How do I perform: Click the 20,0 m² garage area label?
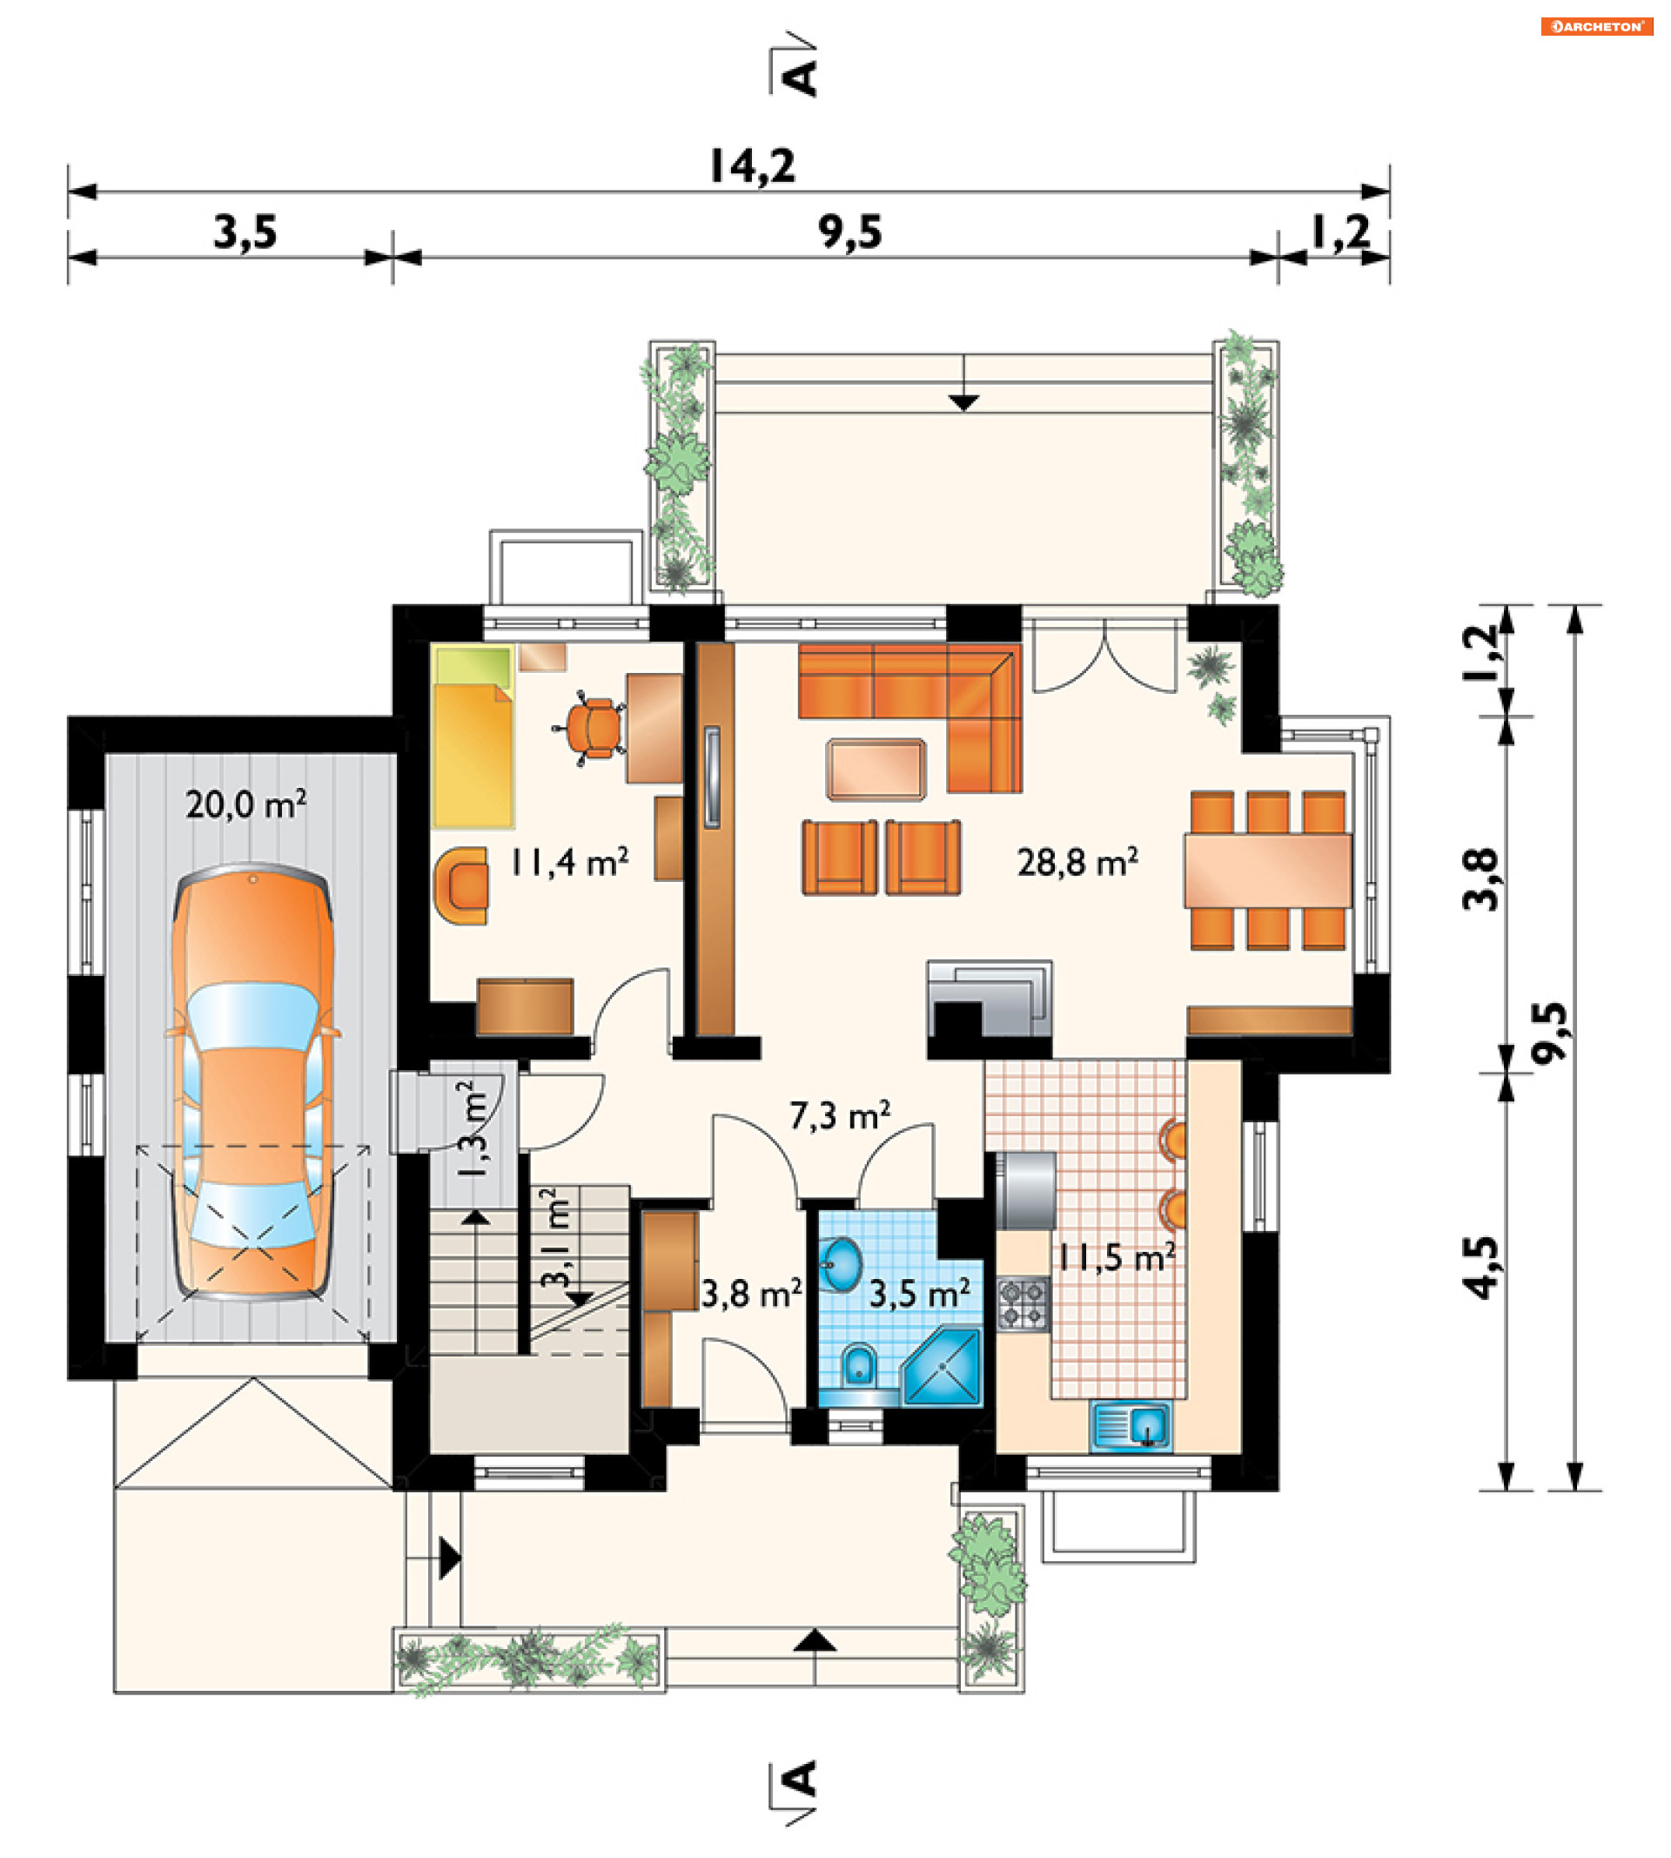click(x=246, y=804)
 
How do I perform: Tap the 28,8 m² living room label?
click(x=1078, y=861)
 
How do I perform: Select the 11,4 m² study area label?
click(x=569, y=861)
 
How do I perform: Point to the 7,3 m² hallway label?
click(x=840, y=1115)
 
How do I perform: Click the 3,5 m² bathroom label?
click(x=920, y=1293)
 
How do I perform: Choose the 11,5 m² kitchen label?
click(x=1117, y=1256)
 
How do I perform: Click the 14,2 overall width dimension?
click(x=753, y=166)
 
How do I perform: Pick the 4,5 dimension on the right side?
click(x=1480, y=1268)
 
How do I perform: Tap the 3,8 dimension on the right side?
click(x=1480, y=879)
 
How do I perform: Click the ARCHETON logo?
click(x=1597, y=27)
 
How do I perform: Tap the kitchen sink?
click(x=1131, y=1426)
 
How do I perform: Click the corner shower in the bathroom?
click(x=943, y=1367)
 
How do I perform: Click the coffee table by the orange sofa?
click(x=876, y=770)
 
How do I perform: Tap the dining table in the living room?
click(x=1268, y=871)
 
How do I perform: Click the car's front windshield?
click(x=252, y=1016)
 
